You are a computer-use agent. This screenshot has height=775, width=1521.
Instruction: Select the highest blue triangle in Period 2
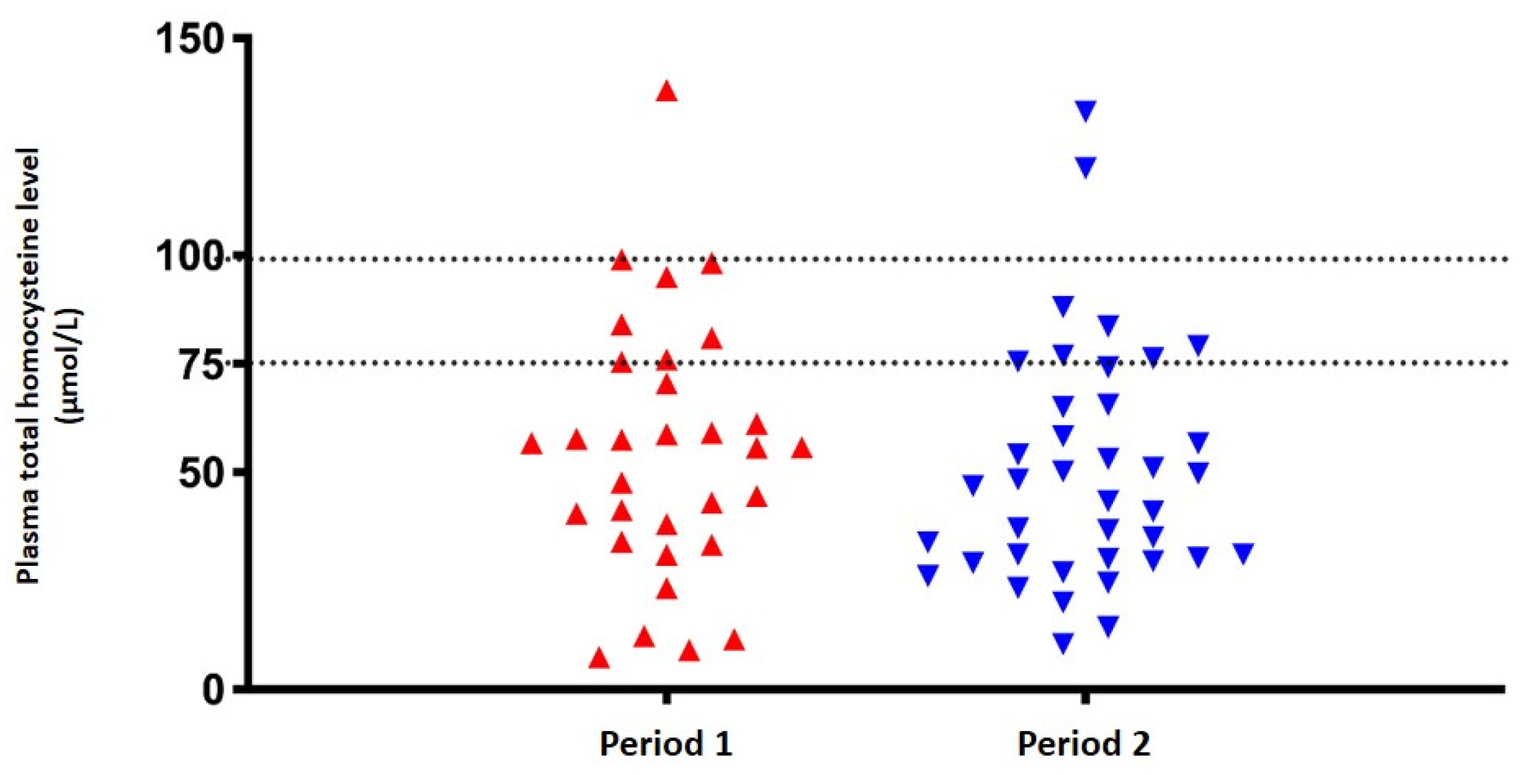coord(1085,111)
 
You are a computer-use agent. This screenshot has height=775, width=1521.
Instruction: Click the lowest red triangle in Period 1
coord(599,659)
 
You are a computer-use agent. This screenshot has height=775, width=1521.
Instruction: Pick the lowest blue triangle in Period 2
coord(1063,643)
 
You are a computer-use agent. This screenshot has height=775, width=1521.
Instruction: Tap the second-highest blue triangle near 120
coord(1085,166)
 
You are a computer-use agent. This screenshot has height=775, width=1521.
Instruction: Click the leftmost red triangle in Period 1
coord(532,445)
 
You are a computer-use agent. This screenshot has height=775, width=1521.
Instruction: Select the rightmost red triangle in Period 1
coord(802,449)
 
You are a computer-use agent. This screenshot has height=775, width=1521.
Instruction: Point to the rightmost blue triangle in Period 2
coord(1243,553)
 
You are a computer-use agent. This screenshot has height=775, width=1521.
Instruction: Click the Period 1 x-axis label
coord(666,744)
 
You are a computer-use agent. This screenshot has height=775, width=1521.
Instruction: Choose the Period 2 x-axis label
coord(1084,744)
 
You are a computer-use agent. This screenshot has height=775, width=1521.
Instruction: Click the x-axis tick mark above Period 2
coord(1085,698)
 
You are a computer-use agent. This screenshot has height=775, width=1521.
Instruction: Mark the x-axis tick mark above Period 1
coord(666,698)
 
